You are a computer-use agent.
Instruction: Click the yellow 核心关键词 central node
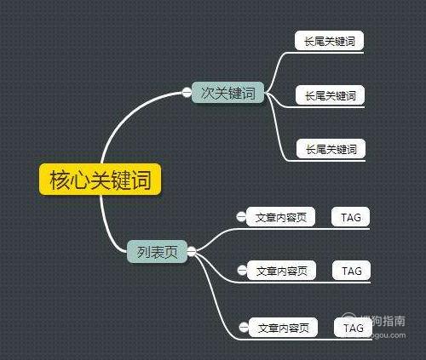(100, 180)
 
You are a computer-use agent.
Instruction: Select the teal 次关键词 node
(227, 92)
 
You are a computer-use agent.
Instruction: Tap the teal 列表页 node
(157, 251)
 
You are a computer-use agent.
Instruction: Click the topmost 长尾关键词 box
(329, 41)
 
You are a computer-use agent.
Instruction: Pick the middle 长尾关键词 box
(330, 95)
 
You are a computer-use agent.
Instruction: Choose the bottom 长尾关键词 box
(331, 148)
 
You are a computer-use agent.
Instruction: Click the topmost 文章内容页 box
(280, 217)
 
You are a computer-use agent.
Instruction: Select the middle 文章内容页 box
(281, 271)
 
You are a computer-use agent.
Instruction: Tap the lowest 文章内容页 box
(283, 328)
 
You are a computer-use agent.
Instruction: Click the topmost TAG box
(350, 217)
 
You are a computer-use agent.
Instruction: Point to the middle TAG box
(351, 271)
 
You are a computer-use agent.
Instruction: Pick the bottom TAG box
(353, 328)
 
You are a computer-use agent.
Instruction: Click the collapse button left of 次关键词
(187, 92)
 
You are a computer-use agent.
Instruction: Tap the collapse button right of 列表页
(192, 251)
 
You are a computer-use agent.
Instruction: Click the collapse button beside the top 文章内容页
(241, 217)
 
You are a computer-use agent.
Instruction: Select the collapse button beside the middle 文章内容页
(242, 271)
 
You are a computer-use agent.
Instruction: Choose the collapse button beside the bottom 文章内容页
(244, 328)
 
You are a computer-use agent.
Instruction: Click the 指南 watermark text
(394, 321)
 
